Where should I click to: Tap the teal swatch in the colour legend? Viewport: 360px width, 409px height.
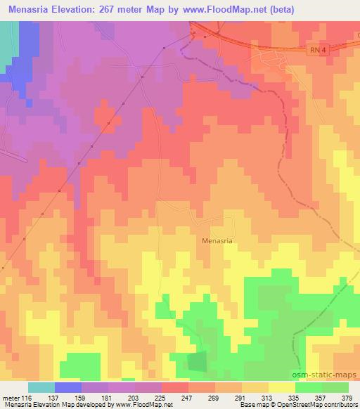41,387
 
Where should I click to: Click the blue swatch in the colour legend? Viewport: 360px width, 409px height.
67,387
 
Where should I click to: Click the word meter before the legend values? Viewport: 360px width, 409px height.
12,398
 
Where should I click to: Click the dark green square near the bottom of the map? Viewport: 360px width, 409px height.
198,362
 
